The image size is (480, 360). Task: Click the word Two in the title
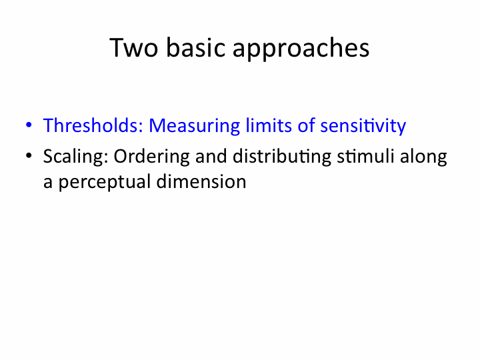point(134,47)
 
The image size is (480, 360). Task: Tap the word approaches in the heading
point(301,49)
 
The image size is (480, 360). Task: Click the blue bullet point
point(29,125)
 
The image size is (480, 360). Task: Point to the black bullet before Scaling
point(29,155)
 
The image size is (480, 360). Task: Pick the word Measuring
point(195,126)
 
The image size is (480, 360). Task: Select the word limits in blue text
point(269,125)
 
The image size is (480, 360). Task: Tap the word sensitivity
point(363,126)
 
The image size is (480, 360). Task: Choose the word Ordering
point(151,157)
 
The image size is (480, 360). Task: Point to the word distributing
point(282,157)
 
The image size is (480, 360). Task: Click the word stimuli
point(365,155)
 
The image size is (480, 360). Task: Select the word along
point(423,157)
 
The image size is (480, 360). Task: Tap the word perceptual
point(105,182)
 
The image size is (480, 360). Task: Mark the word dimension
point(201,181)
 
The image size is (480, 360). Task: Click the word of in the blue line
point(306,125)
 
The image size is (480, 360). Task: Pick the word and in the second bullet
point(211,155)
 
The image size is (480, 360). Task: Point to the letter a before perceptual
point(48,183)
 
